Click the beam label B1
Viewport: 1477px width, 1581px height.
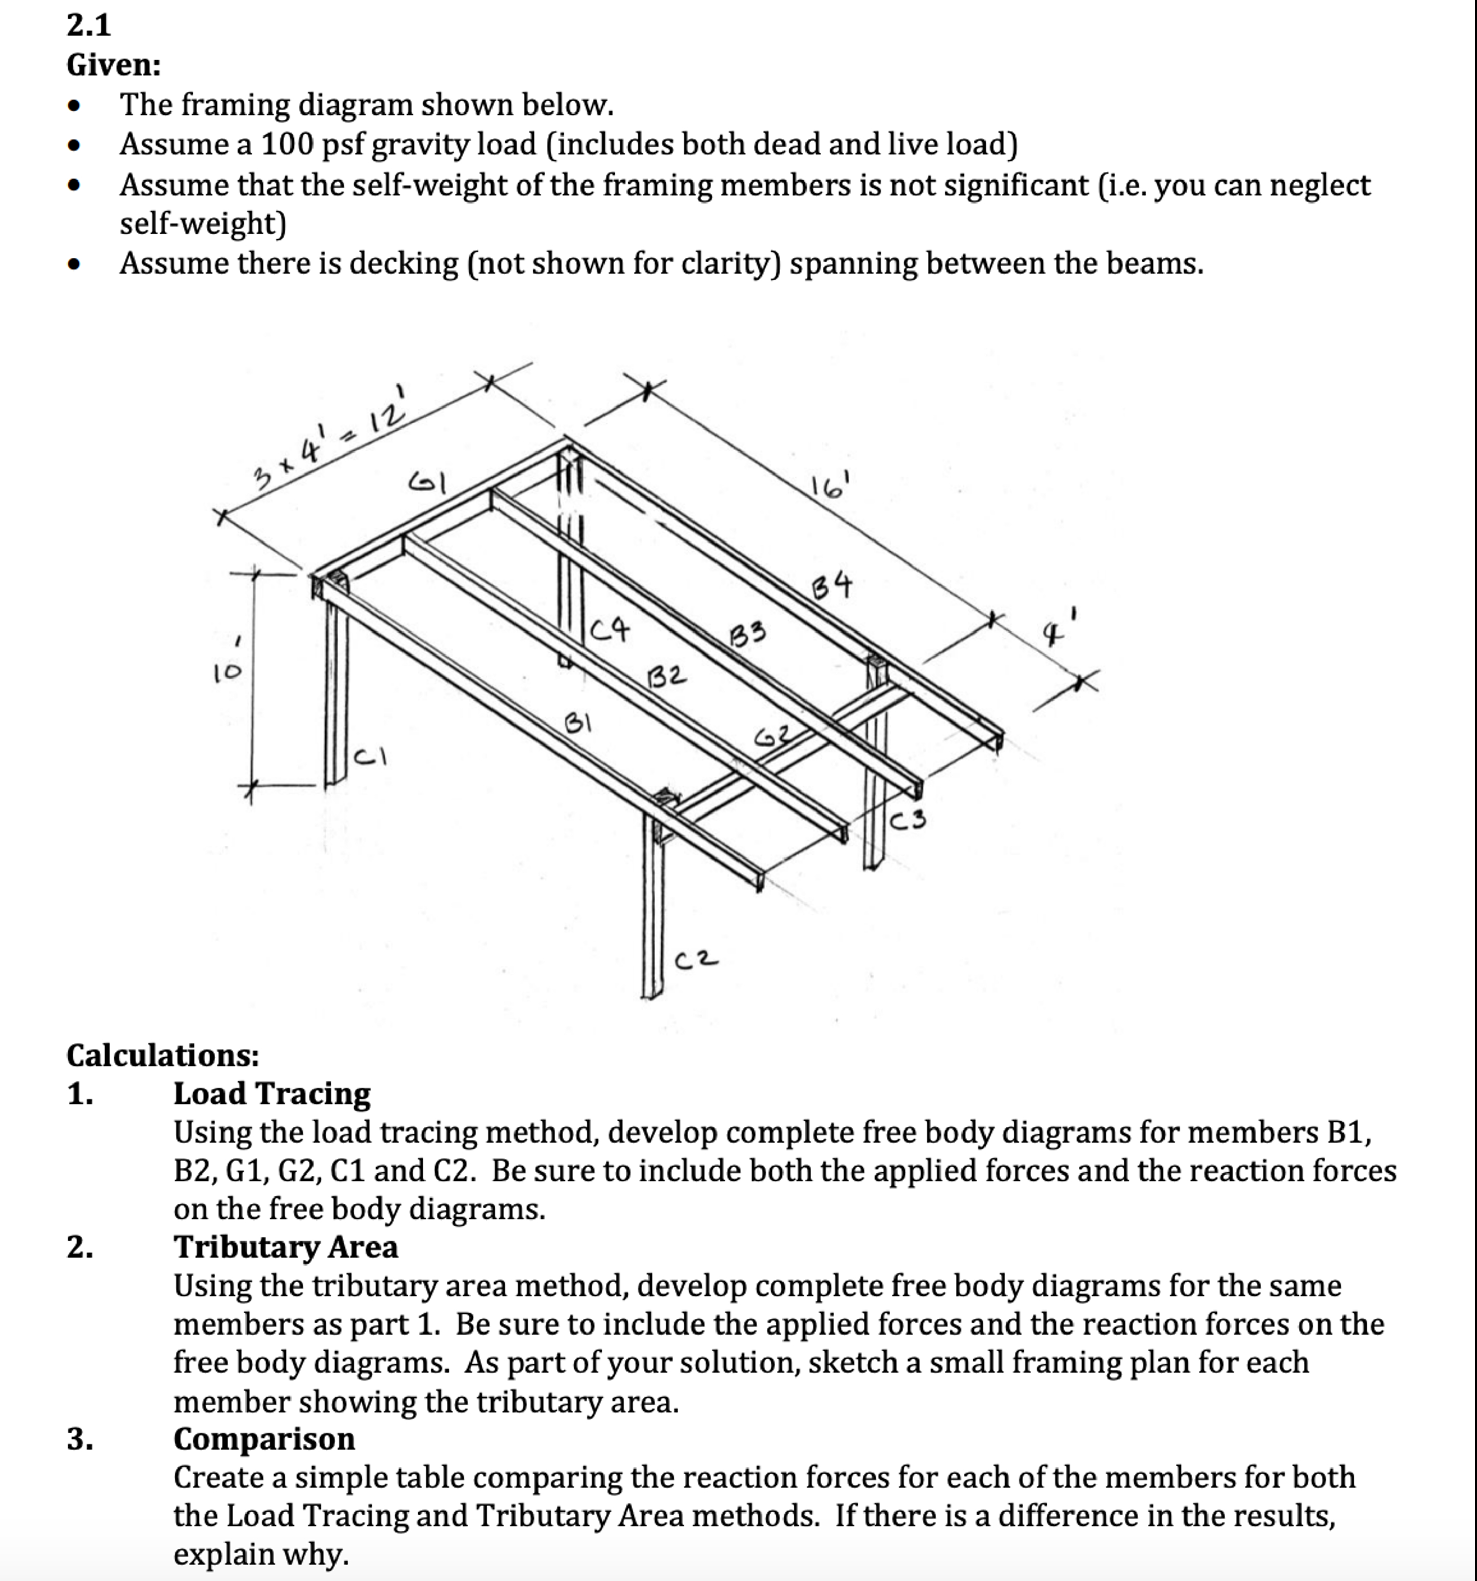(x=578, y=723)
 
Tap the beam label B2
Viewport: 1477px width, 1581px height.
(x=666, y=677)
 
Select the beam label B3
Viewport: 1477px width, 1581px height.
(x=748, y=635)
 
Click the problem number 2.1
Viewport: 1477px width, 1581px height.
(x=88, y=26)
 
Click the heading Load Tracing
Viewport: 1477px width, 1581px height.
(x=272, y=1094)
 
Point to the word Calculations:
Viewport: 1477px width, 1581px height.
(x=162, y=1055)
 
